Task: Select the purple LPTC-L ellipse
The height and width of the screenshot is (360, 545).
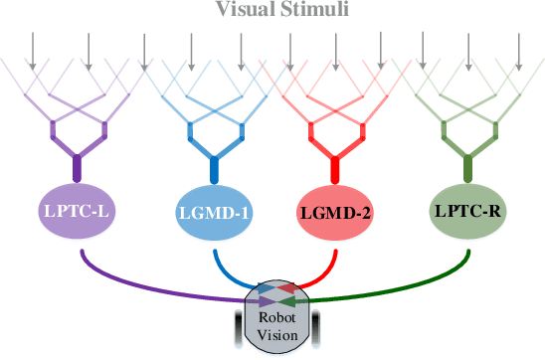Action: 77,210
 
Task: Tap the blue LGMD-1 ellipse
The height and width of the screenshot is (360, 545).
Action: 212,211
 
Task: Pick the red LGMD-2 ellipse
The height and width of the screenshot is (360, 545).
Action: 334,211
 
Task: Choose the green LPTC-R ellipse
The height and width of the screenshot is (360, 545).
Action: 468,210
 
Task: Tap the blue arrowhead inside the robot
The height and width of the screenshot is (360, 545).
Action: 267,288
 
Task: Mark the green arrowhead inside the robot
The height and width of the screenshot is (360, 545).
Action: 291,298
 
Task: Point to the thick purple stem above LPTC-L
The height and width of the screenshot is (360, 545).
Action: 77,159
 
